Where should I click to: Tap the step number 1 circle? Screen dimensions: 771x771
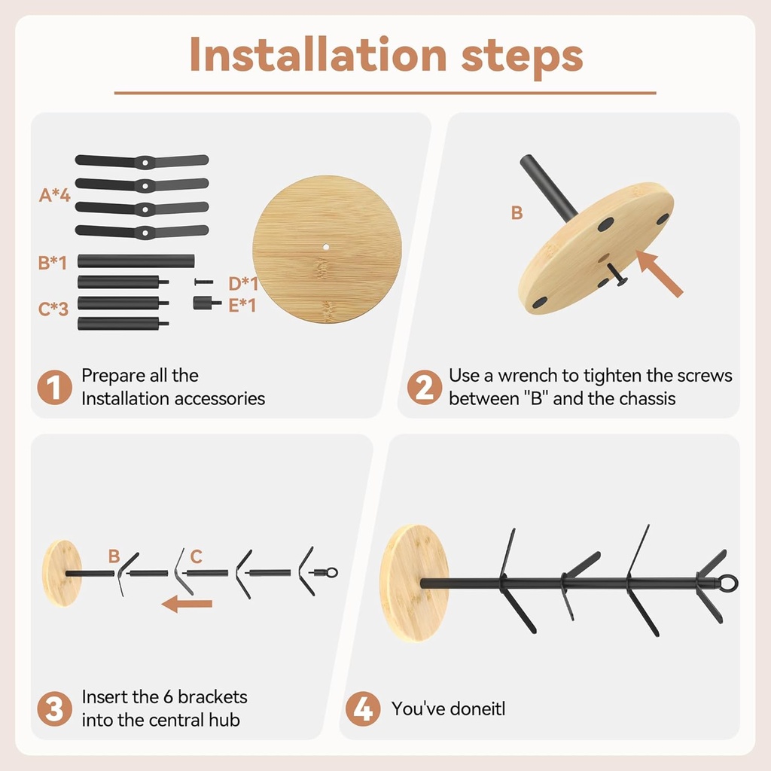(54, 387)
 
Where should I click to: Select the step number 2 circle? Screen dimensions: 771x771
(425, 387)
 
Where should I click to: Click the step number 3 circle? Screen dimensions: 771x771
(54, 709)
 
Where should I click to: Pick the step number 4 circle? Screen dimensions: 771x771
(363, 709)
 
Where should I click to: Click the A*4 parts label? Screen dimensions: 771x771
(54, 195)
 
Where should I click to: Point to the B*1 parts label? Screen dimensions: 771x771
(52, 263)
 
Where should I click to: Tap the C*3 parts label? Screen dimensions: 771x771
(53, 309)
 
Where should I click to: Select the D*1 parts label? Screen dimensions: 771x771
(243, 284)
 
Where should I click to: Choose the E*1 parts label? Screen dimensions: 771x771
(242, 306)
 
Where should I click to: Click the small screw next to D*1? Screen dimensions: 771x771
(203, 282)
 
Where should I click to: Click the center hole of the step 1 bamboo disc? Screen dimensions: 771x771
(325, 247)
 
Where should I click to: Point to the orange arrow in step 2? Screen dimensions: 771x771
(660, 273)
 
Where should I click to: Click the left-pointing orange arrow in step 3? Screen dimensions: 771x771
(187, 603)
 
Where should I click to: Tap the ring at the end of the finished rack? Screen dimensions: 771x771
(729, 584)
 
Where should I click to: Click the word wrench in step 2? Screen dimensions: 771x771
(528, 376)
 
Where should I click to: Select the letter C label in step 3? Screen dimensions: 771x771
(197, 556)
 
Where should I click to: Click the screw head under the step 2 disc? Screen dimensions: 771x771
(621, 282)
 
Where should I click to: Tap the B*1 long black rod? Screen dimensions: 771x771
(136, 261)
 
